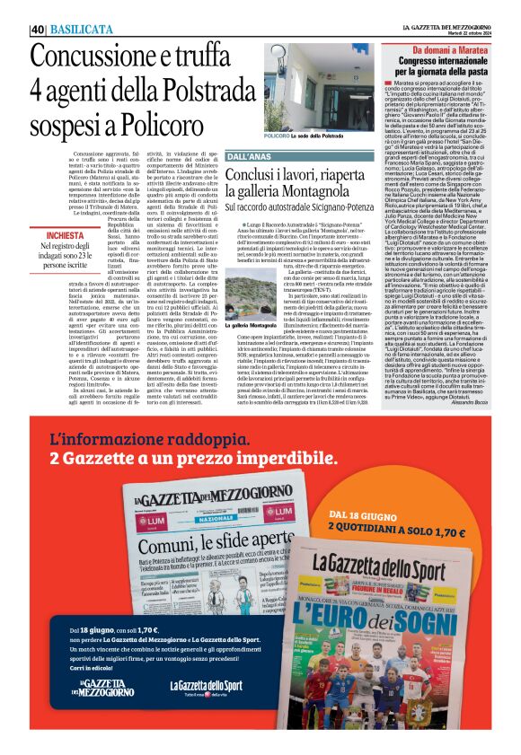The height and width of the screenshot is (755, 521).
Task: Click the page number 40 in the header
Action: coord(38,29)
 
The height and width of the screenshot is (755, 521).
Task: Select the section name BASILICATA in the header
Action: coord(76,29)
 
